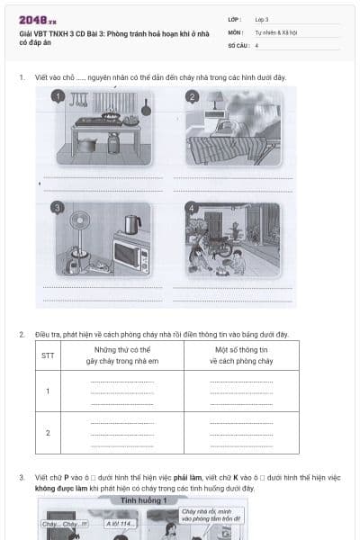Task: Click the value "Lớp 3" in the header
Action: pyautogui.click(x=262, y=19)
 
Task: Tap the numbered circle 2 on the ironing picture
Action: pyautogui.click(x=192, y=96)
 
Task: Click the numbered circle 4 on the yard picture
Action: pyautogui.click(x=192, y=208)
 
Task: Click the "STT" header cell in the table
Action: pyautogui.click(x=48, y=355)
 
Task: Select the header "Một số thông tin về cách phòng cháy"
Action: pyautogui.click(x=241, y=355)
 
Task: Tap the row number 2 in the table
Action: pyautogui.click(x=48, y=432)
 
